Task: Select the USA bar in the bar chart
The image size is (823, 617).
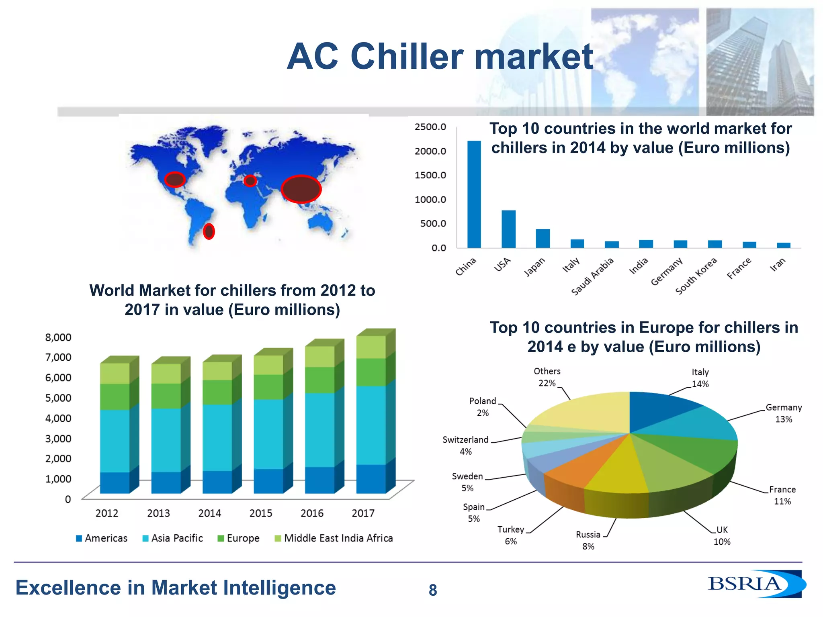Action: pos(508,229)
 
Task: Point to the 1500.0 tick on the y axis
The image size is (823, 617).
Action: pos(430,175)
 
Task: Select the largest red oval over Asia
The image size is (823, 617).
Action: pos(301,189)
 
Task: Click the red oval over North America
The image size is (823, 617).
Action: pos(175,179)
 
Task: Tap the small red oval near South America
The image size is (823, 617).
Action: pos(209,231)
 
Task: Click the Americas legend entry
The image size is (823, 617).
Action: pos(102,538)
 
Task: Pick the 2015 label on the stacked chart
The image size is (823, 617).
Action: pos(261,513)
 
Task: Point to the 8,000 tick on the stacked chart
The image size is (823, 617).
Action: pos(58,337)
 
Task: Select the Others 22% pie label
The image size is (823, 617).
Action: pos(547,377)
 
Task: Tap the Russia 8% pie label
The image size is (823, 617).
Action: pos(588,540)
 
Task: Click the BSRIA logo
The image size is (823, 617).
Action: pos(755,584)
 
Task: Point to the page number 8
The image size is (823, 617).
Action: pos(432,590)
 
